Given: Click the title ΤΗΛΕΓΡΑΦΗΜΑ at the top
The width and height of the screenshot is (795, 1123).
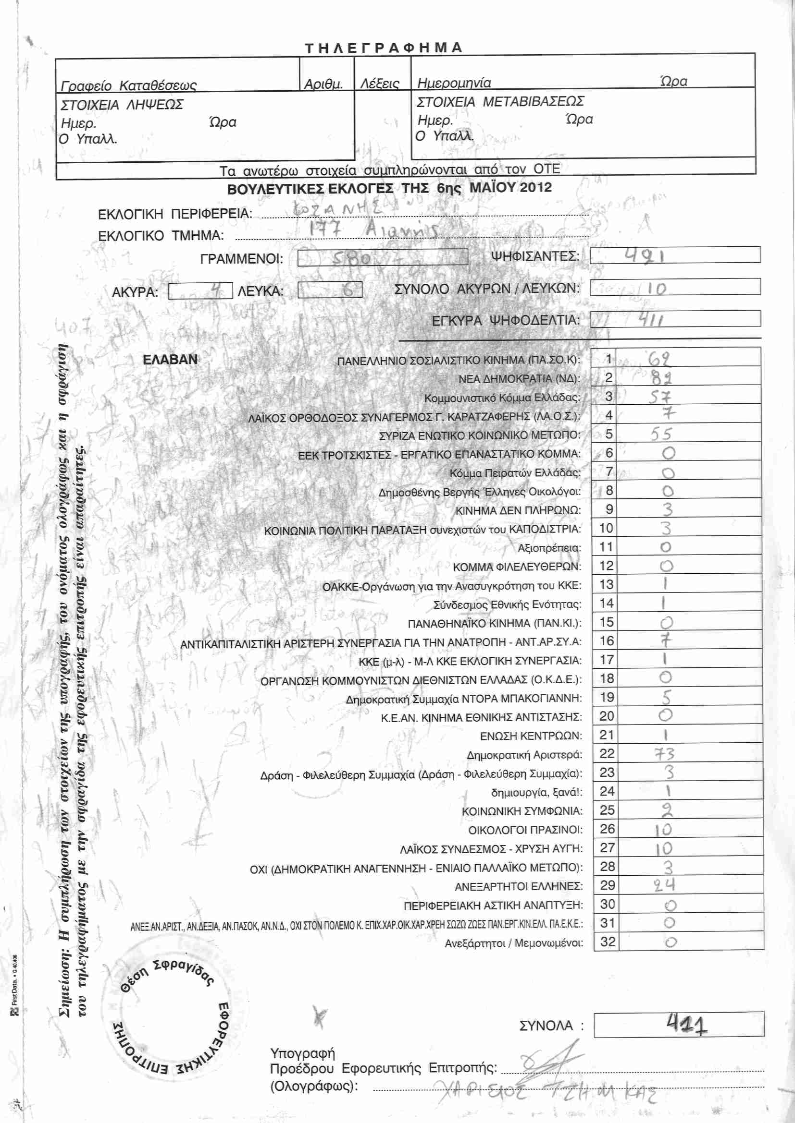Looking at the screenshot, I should pyautogui.click(x=383, y=48).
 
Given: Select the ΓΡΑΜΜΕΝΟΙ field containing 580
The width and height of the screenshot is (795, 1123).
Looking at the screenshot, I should pyautogui.click(x=382, y=257).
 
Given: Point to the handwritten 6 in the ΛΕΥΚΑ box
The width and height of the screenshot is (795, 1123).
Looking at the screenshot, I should pyautogui.click(x=348, y=290).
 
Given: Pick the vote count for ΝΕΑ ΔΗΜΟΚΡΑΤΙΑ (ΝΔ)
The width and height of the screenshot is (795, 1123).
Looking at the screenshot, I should pyautogui.click(x=661, y=377).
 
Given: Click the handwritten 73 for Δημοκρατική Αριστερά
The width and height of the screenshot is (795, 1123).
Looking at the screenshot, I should pyautogui.click(x=664, y=754).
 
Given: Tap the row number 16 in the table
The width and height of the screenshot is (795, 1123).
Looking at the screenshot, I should pyautogui.click(x=607, y=641).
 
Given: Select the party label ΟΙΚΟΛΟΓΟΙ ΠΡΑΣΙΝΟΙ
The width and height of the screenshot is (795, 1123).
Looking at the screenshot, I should pyautogui.click(x=525, y=830).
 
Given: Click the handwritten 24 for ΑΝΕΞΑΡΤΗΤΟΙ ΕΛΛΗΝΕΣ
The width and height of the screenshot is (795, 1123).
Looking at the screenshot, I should pyautogui.click(x=665, y=885).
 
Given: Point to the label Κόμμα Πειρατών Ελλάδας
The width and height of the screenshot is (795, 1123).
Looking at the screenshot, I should pyautogui.click(x=515, y=473).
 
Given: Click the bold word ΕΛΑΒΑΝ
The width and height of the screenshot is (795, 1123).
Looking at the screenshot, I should pyautogui.click(x=170, y=360).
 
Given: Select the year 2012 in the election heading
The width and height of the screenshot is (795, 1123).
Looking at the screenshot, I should pyautogui.click(x=535, y=187).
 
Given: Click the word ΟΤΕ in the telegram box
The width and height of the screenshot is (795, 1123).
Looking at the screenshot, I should pyautogui.click(x=547, y=169).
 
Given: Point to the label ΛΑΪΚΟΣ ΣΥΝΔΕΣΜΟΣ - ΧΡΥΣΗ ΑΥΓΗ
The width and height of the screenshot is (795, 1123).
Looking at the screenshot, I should pyautogui.click(x=491, y=848).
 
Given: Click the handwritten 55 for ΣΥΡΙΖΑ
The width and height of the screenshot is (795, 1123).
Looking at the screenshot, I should pyautogui.click(x=661, y=434).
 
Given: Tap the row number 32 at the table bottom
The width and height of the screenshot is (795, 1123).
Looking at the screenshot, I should pyautogui.click(x=608, y=942).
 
